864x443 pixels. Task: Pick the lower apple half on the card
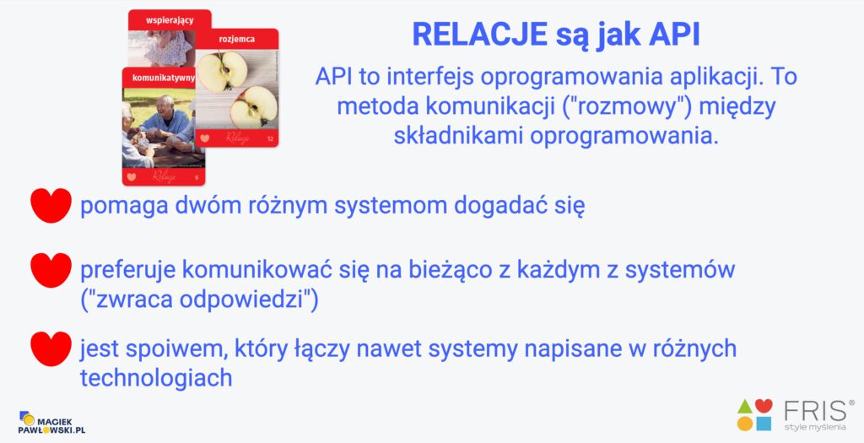click(x=253, y=106)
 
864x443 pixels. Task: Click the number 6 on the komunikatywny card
click(x=197, y=177)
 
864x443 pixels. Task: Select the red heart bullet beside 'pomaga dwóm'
click(x=51, y=205)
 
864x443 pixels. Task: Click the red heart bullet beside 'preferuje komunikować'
click(x=51, y=270)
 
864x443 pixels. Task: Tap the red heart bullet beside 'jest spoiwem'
click(x=51, y=348)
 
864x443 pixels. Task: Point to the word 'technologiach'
click(x=156, y=378)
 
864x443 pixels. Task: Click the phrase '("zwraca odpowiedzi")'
click(x=199, y=300)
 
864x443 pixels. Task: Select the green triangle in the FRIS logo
click(x=745, y=407)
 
